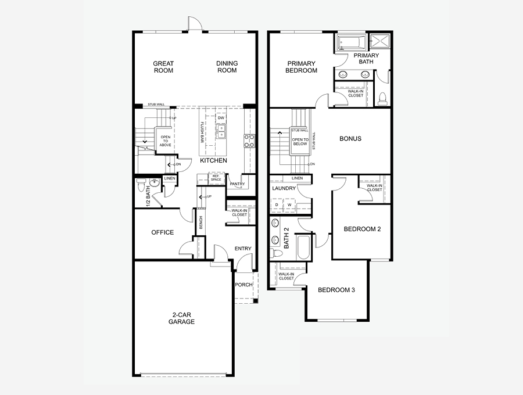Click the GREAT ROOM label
coord(163,67)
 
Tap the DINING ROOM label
coord(227,67)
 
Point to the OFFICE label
coord(163,232)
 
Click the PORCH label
coord(243,285)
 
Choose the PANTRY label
coord(237,184)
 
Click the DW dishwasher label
coord(221,118)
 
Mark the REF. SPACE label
coord(216,178)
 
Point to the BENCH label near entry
coord(201,222)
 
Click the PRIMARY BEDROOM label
coord(301,67)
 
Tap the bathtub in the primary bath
coord(350,42)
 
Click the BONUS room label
coord(350,139)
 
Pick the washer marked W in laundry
coord(289,205)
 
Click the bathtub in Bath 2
coord(303,246)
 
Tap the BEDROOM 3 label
coord(336,290)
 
